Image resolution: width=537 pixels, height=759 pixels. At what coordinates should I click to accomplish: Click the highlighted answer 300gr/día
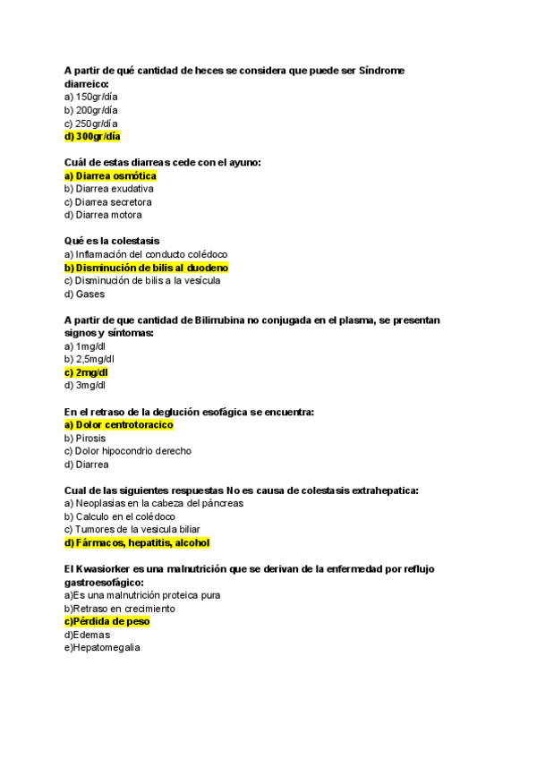coord(92,137)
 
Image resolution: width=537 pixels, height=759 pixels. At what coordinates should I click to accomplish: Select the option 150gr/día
coord(90,97)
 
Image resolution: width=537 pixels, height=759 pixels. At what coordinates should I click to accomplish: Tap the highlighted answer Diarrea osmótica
coord(110,176)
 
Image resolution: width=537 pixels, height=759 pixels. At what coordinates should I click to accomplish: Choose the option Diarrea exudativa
coord(109,189)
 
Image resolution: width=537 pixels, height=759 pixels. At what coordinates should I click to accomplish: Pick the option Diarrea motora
coord(103,215)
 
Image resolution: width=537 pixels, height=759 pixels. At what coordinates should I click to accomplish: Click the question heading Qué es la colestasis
coord(112,241)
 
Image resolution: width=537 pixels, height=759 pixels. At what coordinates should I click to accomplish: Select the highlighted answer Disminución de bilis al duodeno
coord(147,268)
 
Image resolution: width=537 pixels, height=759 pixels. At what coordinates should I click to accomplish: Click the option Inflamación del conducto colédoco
coord(146,254)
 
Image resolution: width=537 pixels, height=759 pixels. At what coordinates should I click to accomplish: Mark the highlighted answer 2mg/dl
coord(87,372)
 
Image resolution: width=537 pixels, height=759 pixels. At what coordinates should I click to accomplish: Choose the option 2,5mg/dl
coord(89,359)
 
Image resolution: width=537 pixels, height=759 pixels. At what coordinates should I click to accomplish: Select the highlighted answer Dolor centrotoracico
coord(119,425)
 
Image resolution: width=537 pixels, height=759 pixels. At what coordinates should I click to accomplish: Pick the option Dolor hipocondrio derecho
coord(128,451)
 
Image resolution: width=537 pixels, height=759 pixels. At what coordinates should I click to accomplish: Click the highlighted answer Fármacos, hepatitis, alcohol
coord(137,542)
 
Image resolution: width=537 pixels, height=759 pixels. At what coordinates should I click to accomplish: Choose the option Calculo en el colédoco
coord(120,516)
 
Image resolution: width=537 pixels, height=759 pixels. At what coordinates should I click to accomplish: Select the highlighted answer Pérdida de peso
coord(107,621)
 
